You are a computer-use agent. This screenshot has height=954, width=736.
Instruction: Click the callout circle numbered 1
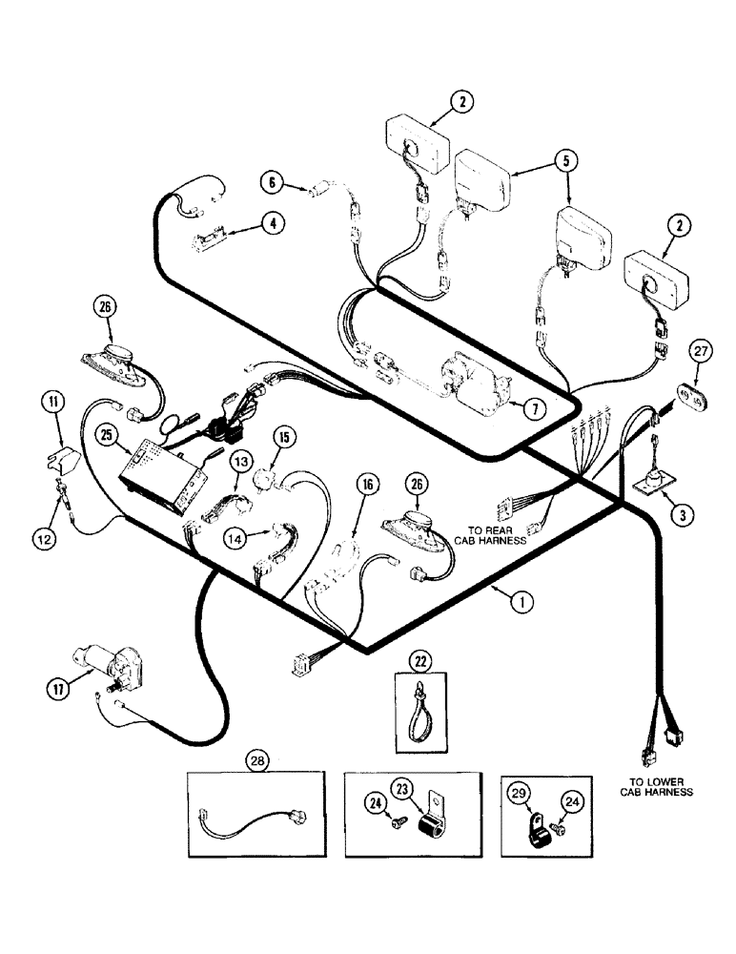521,602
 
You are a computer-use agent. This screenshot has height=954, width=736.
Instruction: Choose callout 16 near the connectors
367,484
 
